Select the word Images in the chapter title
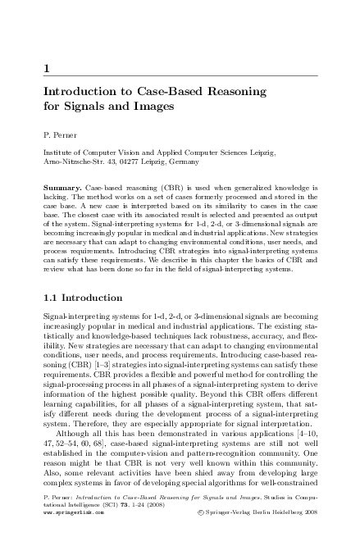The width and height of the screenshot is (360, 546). (x=152, y=107)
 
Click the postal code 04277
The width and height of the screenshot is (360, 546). (x=120, y=163)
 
